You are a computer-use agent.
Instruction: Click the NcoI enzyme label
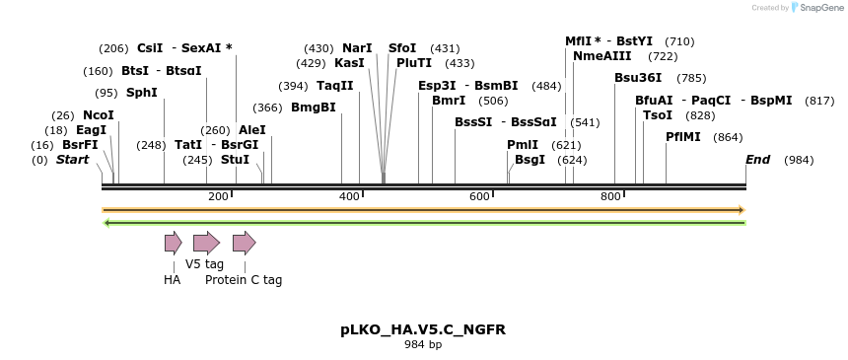(99, 115)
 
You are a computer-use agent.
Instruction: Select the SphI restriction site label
(142, 93)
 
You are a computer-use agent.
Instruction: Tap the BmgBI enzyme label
(314, 108)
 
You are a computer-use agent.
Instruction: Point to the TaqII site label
(335, 86)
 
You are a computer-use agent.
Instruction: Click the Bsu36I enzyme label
(638, 78)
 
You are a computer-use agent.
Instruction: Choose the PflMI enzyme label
(683, 137)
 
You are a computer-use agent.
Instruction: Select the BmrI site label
(449, 101)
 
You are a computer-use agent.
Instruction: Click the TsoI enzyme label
(658, 115)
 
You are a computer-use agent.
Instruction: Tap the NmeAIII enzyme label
(601, 56)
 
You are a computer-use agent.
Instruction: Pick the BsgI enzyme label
(530, 160)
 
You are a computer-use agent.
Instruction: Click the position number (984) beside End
(799, 160)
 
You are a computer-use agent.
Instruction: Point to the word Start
(72, 160)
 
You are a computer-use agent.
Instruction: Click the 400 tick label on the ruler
(349, 197)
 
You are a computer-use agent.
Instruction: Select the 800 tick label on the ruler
(610, 197)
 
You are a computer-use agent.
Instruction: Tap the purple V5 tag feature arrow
(206, 243)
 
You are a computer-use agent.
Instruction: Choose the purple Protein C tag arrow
(244, 243)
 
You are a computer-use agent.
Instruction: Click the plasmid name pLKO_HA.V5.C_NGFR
(423, 329)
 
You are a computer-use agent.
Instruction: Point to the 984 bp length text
(423, 345)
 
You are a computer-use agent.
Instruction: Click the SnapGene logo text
(821, 8)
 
